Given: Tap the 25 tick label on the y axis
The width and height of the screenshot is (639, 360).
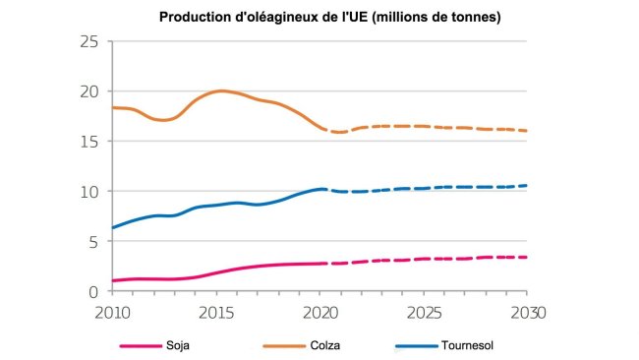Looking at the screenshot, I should pyautogui.click(x=91, y=41).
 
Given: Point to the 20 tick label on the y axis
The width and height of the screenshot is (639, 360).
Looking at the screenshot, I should pyautogui.click(x=91, y=91).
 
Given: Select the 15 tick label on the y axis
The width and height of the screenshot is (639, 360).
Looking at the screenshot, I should pyautogui.click(x=91, y=142).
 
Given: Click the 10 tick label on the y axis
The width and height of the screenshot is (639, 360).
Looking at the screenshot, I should pyautogui.click(x=91, y=192).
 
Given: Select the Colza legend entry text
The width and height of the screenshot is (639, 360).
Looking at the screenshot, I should pyautogui.click(x=329, y=345).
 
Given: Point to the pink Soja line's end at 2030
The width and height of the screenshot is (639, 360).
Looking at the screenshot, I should pyautogui.click(x=526, y=257).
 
